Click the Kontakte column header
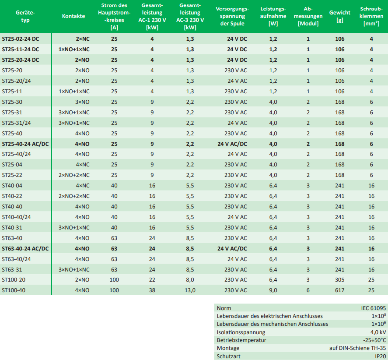pyautogui.click(x=73, y=16)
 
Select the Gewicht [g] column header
pyautogui.click(x=339, y=16)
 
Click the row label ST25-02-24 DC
pyautogui.click(x=21, y=39)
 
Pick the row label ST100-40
pyautogui.click(x=14, y=290)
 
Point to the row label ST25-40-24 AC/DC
pyautogui.click(x=25, y=144)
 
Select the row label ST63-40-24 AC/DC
pyautogui.click(x=25, y=248)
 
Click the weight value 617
pyautogui.click(x=339, y=290)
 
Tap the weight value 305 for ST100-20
pyautogui.click(x=339, y=279)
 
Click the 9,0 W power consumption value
pyautogui.click(x=273, y=290)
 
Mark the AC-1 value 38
pyautogui.click(x=152, y=290)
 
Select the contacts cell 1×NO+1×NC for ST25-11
pyautogui.click(x=74, y=91)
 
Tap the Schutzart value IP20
pyautogui.click(x=380, y=356)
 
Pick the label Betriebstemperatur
pyautogui.click(x=241, y=340)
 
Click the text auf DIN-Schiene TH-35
pyautogui.click(x=358, y=348)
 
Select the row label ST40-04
pyautogui.click(x=12, y=185)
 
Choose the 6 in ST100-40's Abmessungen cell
pyautogui.click(x=308, y=290)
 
